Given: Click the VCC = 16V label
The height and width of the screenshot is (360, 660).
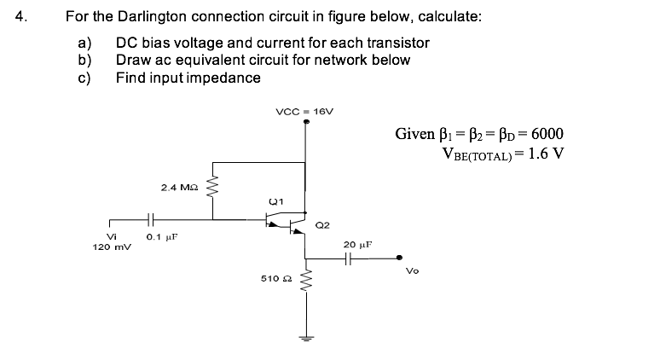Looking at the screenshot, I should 304,111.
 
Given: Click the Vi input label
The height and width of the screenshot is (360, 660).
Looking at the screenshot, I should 110,237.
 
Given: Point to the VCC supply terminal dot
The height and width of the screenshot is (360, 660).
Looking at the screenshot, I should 305,122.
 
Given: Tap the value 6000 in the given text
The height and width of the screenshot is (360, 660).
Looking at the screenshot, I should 543,134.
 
